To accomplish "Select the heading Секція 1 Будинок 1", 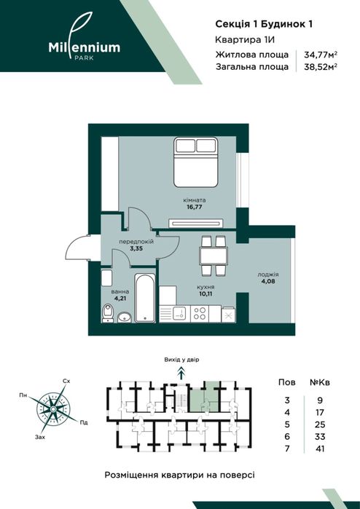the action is tap(264, 24).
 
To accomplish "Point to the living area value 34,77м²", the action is tap(320, 55).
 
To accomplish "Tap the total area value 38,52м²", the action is tap(320, 67).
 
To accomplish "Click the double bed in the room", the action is tap(195, 162).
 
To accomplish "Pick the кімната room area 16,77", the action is tap(195, 207).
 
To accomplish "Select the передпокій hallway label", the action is tap(136, 242).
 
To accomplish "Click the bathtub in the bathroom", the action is tap(145, 298).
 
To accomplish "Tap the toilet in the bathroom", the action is tap(107, 313).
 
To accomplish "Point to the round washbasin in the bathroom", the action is tap(123, 317).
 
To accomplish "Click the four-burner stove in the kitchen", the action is tap(199, 313).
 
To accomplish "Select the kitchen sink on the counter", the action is tap(179, 313).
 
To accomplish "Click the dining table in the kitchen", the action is tap(214, 256).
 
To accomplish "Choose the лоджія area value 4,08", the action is tap(268, 282).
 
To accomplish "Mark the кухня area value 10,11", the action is tap(206, 294).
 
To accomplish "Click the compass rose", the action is tap(53, 409).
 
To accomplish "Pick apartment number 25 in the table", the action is tap(320, 425).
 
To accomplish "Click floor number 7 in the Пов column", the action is tap(287, 449).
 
